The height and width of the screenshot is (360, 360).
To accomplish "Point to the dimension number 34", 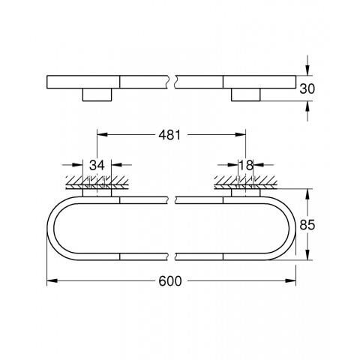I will tap(97, 165).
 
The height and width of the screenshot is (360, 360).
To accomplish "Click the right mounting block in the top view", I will tap(246, 95).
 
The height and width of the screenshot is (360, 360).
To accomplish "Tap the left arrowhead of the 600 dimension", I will tap(51, 281).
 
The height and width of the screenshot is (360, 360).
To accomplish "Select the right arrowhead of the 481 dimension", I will tap(242, 136).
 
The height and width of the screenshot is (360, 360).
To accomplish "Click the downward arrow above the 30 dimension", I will tap(308, 68).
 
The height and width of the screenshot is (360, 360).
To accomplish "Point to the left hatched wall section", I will tap(97, 181).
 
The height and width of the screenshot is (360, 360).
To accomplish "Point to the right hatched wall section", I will tap(246, 181).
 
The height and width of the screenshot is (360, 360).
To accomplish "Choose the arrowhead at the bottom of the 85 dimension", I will tap(308, 256).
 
